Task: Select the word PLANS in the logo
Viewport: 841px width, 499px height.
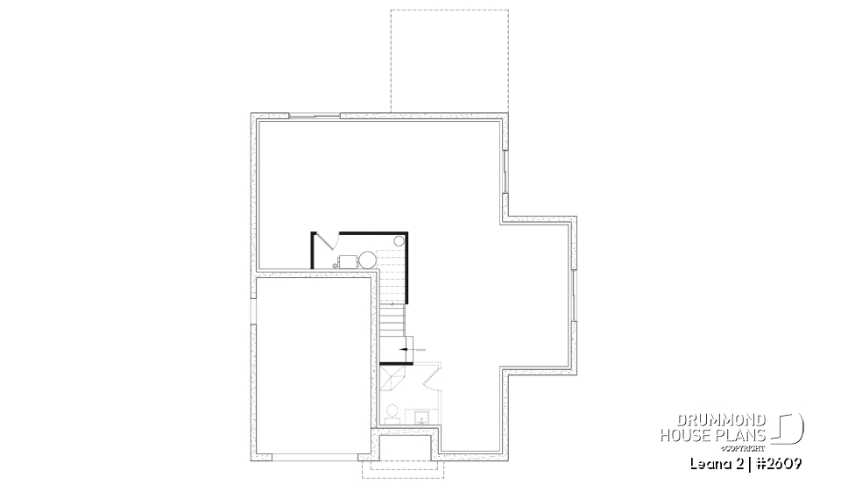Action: point(742,434)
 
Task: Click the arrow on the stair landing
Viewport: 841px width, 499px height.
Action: point(410,349)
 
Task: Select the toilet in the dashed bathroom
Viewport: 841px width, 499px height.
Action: point(392,410)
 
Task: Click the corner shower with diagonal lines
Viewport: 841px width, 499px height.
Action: point(393,379)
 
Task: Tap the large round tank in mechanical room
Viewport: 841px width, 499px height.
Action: point(368,260)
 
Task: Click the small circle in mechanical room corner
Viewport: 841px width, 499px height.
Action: point(399,239)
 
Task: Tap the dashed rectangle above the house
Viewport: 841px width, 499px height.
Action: point(449,61)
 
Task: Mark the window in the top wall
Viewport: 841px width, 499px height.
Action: point(314,115)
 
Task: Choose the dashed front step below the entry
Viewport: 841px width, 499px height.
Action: point(403,469)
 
